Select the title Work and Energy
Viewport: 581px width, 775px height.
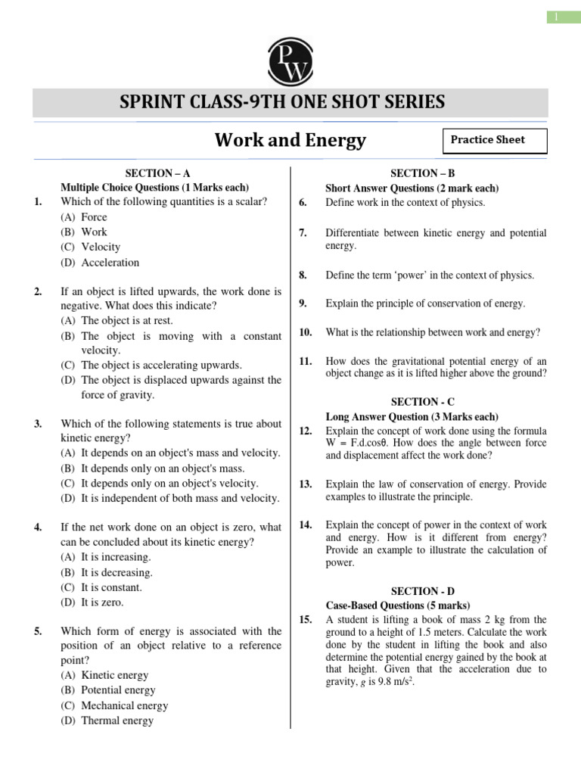point(290,140)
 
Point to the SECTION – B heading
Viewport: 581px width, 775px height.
point(423,173)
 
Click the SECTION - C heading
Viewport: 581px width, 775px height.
point(423,402)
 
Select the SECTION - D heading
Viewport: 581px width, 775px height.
point(423,590)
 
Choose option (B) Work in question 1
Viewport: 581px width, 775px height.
point(84,232)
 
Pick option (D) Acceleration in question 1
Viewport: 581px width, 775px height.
point(100,263)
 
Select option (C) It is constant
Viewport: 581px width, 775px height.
point(101,587)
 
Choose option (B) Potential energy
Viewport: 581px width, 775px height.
point(108,690)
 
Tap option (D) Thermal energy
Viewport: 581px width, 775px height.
point(107,721)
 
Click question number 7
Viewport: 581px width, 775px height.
point(303,233)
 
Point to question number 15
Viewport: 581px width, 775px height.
point(306,620)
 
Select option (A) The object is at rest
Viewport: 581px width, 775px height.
point(117,321)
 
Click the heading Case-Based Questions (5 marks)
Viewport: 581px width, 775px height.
point(397,605)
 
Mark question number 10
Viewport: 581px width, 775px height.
point(306,332)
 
